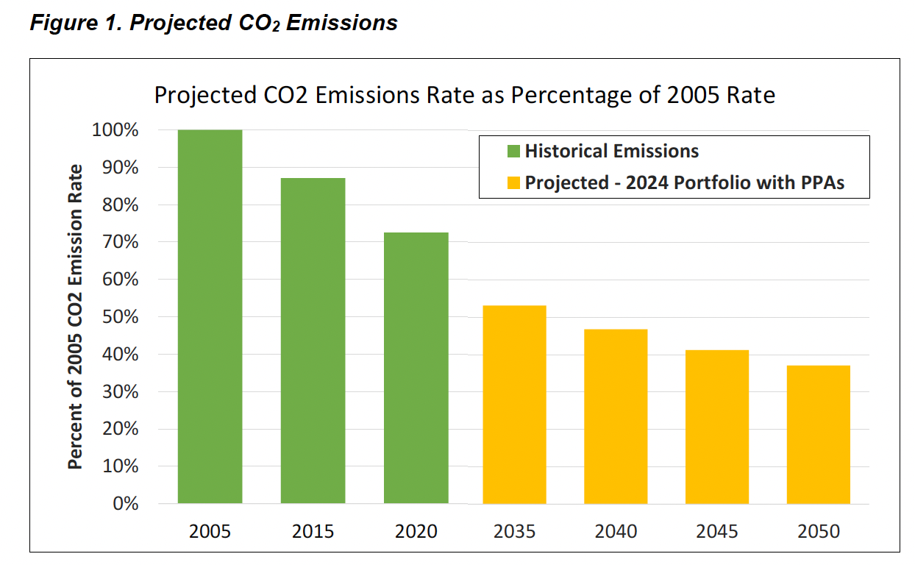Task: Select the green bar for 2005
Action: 210,316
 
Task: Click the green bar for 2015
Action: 313,341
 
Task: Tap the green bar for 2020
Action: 416,368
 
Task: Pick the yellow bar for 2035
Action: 514,405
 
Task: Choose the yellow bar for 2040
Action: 616,416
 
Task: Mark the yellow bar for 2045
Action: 716,427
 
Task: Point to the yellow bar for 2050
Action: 818,434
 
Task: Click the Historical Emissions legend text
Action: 611,152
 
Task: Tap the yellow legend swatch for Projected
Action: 513,183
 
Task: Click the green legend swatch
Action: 513,152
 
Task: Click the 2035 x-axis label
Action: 514,531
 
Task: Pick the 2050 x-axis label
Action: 818,531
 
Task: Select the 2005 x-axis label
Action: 210,531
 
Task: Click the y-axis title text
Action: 74,316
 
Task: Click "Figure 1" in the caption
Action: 74,23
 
